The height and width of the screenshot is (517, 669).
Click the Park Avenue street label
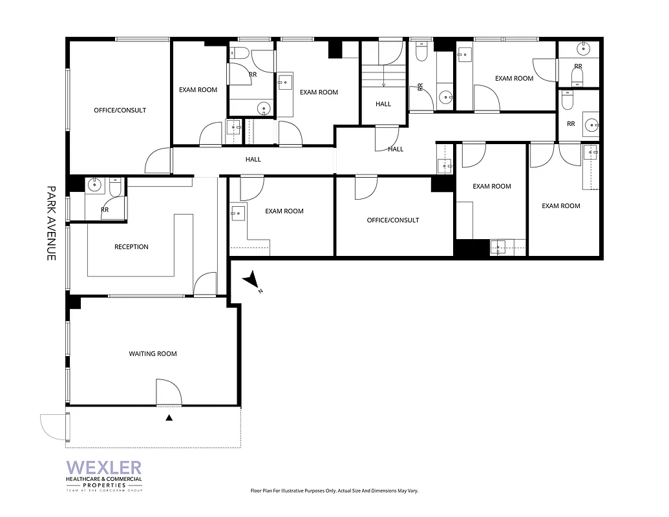[51, 224]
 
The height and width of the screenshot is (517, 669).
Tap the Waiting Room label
[153, 353]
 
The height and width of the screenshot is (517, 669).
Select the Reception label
[131, 247]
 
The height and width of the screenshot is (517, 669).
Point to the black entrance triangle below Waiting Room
[169, 418]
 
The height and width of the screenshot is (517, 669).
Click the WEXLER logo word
[103, 467]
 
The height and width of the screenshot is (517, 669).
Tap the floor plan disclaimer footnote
[334, 491]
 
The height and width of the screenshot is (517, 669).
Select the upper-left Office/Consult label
[120, 111]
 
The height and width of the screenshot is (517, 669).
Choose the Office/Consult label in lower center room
[393, 220]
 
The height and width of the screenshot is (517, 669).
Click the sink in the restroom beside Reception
[96, 185]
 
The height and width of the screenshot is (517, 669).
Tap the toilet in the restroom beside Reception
[114, 187]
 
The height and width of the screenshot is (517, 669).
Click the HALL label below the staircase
[383, 104]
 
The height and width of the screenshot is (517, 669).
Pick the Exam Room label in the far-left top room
[198, 90]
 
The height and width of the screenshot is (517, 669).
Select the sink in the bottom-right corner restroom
[591, 124]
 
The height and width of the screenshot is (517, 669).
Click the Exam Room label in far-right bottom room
[560, 206]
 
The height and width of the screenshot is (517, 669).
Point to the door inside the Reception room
[206, 284]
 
